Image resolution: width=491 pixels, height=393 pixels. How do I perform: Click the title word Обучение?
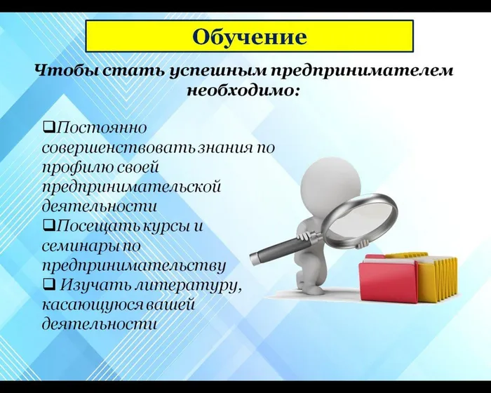250,36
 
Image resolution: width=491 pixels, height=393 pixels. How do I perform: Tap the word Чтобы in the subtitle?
59,72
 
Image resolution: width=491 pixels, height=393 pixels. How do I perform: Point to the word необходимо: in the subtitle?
243,91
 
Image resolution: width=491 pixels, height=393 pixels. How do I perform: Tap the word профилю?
75,168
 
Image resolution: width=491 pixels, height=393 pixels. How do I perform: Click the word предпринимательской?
131,187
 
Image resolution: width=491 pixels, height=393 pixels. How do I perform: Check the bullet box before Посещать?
48,226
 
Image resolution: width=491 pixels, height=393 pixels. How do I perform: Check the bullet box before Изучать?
48,285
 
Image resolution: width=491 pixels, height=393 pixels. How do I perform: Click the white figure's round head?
330,180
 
